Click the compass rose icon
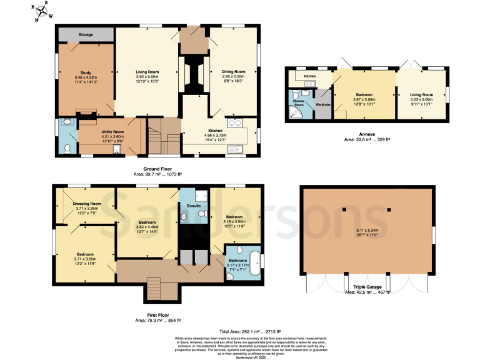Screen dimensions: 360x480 coord(41,11)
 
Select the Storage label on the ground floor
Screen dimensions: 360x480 coord(86,34)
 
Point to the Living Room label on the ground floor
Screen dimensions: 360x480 coord(147,72)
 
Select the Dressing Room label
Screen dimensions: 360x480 coord(86,204)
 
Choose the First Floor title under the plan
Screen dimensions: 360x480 coord(158,316)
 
